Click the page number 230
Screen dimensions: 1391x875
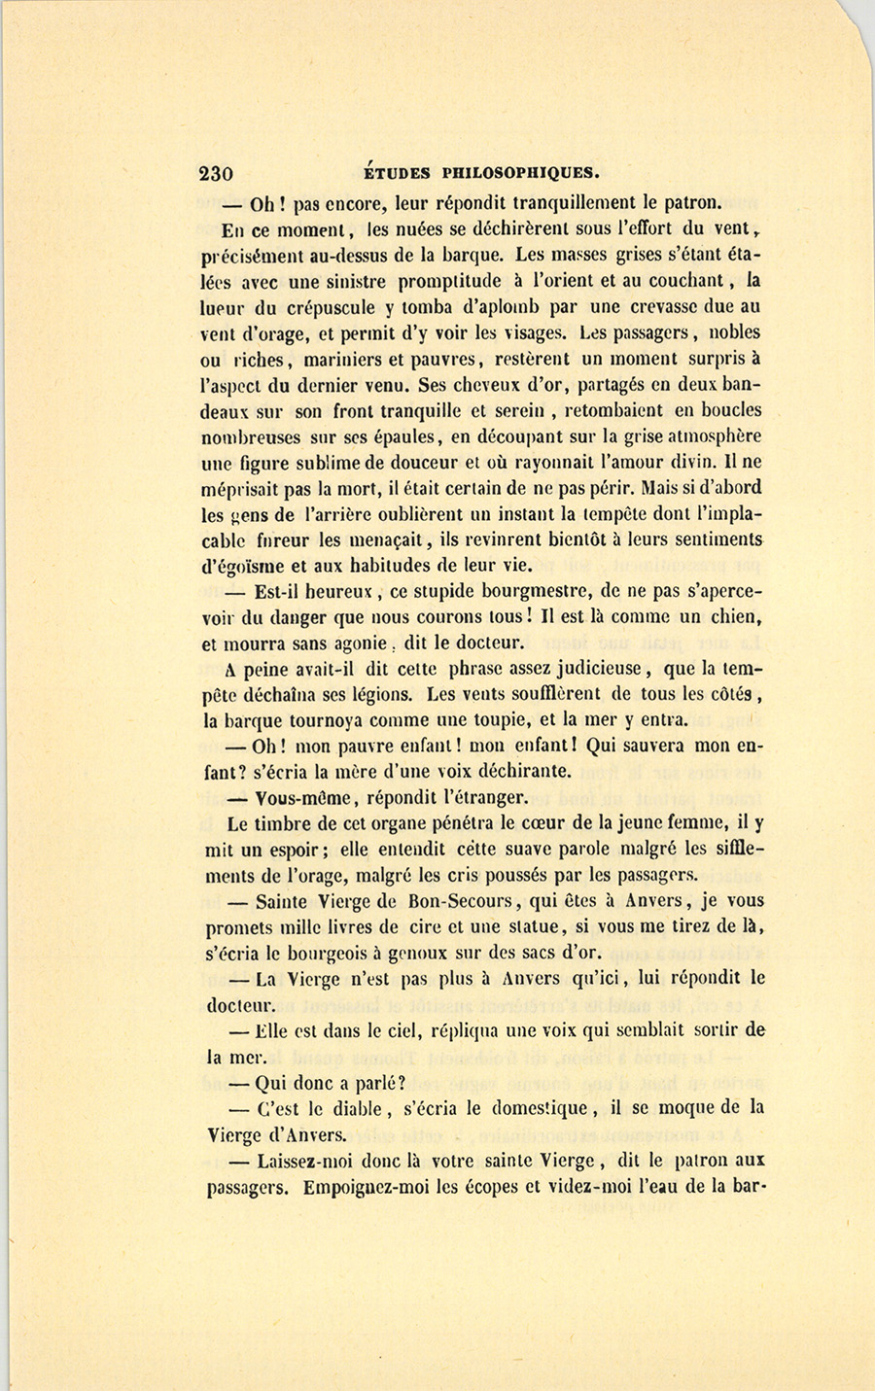click(216, 175)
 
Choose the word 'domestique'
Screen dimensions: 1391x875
click(540, 1108)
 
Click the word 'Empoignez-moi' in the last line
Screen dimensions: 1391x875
click(375, 1187)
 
